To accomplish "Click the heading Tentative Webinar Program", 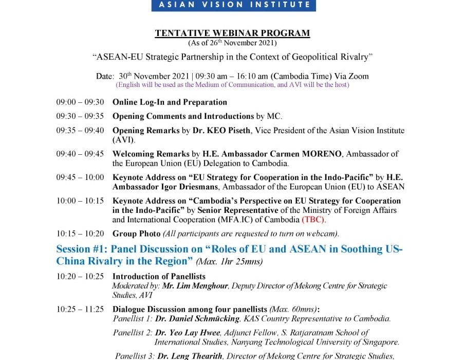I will point(232,33).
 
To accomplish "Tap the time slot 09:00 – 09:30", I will point(80,102).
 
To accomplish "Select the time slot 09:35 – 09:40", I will point(80,131).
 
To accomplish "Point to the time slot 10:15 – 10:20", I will point(80,233).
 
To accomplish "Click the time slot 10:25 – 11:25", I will point(80,309).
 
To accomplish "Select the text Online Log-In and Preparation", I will point(170,102).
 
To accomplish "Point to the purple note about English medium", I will point(232,84).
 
